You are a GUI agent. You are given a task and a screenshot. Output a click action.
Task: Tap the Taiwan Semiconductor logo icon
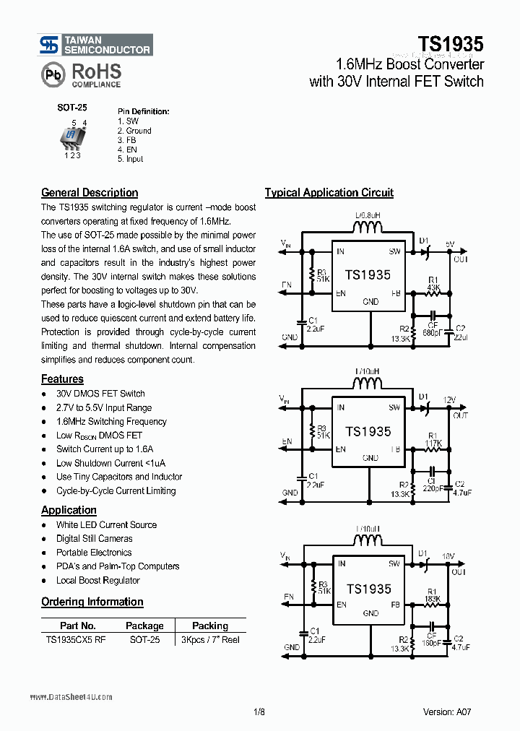click(x=50, y=46)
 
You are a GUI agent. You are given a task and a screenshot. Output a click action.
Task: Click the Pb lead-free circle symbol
click(x=52, y=74)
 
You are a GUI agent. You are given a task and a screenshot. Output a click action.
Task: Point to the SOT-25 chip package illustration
click(x=71, y=137)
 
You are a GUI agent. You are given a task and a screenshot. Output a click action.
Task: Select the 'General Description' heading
click(x=90, y=193)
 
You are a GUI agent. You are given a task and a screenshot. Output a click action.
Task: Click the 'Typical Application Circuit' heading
click(x=329, y=193)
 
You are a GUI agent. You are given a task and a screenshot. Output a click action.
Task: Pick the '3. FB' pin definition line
click(x=126, y=140)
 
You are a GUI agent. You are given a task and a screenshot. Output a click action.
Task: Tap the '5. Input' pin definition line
click(x=130, y=159)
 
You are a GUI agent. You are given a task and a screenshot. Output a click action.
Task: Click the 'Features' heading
click(x=62, y=379)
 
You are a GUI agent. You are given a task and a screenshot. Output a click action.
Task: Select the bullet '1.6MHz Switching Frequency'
click(x=111, y=422)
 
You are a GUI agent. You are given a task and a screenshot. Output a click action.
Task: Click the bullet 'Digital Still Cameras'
click(x=94, y=539)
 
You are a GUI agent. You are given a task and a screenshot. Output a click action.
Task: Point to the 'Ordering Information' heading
click(x=92, y=602)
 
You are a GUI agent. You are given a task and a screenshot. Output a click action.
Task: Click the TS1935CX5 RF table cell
click(x=76, y=640)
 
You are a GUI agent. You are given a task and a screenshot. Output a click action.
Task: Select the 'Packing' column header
click(x=209, y=626)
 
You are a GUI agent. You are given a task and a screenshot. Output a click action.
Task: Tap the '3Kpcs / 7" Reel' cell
click(x=209, y=640)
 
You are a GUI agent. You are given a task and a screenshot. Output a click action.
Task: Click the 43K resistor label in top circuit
click(x=434, y=287)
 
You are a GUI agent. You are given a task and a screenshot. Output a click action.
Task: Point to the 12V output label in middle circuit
click(x=449, y=400)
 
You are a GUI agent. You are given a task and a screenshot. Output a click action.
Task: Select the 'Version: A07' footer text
click(x=448, y=711)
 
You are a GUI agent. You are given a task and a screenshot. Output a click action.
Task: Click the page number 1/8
click(x=260, y=711)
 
